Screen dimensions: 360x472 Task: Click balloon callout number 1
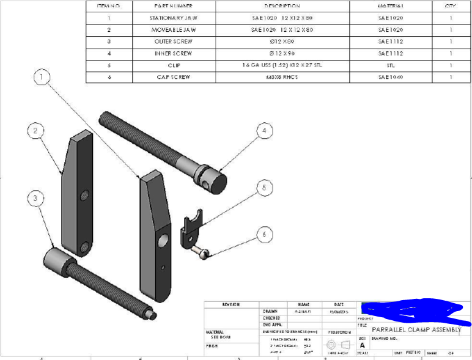pos(41,78)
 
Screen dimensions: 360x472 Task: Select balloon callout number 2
pos(36,130)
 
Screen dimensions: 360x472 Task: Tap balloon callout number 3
pos(36,198)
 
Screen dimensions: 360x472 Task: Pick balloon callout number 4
pos(264,131)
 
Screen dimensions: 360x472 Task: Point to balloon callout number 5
pos(264,187)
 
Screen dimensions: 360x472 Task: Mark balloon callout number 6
pos(264,234)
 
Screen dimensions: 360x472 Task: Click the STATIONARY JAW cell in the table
pos(174,18)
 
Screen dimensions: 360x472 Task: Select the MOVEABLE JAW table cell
pos(174,29)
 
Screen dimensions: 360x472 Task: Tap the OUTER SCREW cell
pos(174,42)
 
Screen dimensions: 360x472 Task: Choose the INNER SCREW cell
pos(174,54)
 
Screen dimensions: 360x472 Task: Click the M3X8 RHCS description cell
pos(282,78)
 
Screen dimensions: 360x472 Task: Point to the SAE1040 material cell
pos(391,78)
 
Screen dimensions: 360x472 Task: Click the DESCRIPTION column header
pos(282,6)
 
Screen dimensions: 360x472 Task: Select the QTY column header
pos(451,6)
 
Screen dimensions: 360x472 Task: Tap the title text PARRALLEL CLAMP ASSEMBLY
pos(416,329)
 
